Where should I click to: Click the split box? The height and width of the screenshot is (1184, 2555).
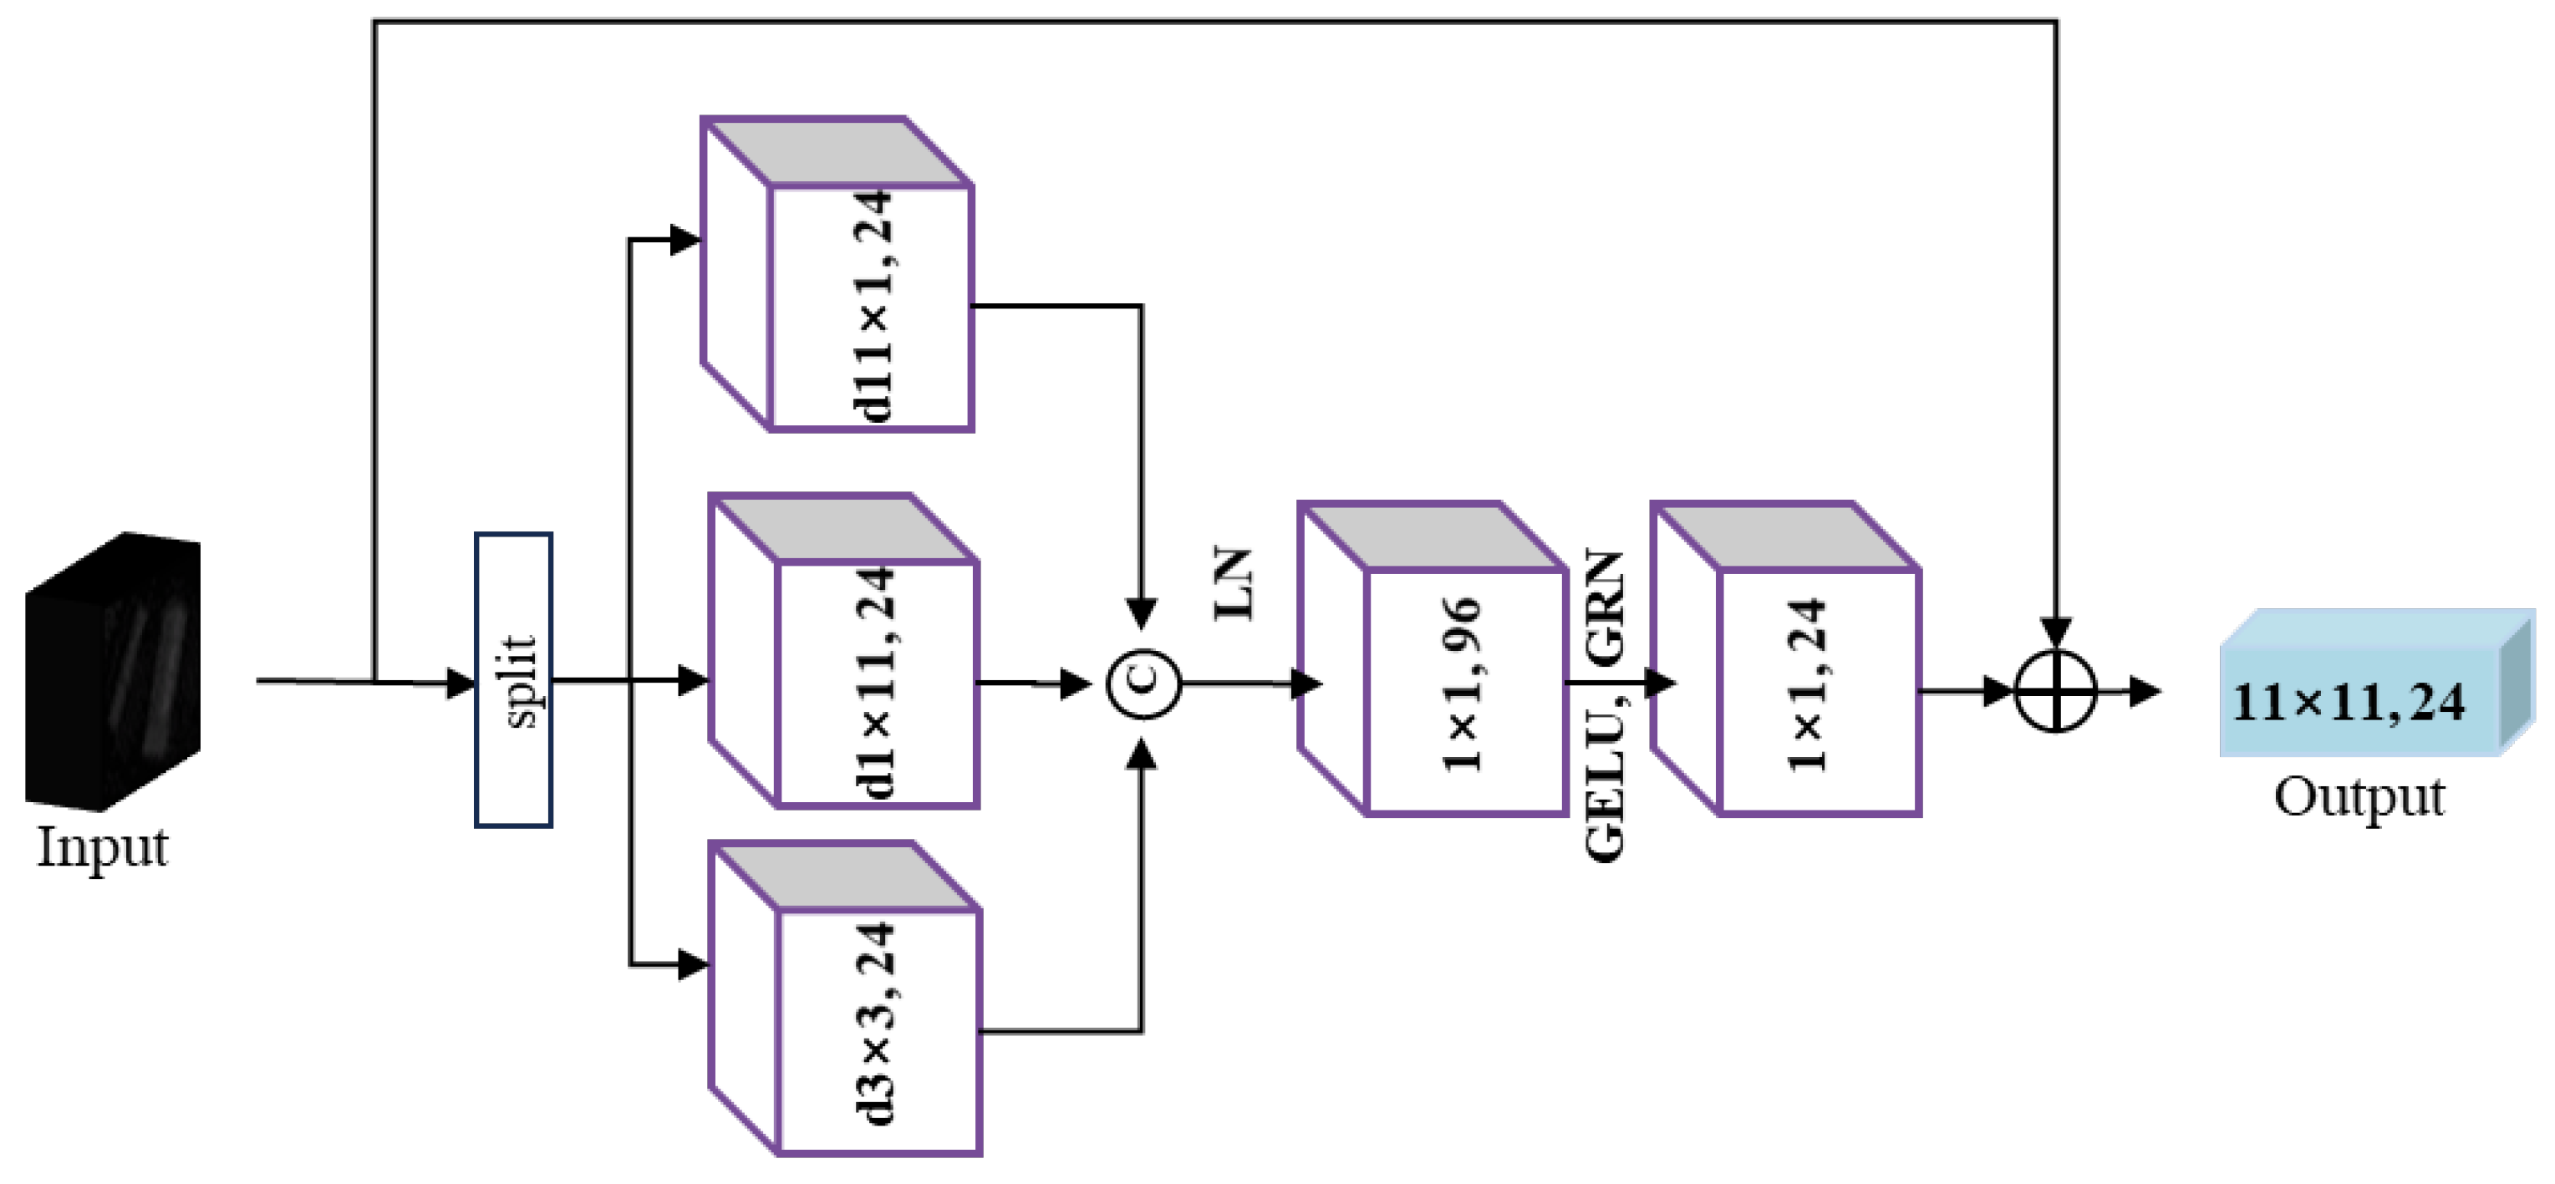tap(513, 680)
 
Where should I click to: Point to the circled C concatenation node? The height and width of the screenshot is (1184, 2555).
tap(1143, 683)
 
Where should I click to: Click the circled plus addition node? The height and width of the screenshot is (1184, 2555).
tap(2056, 691)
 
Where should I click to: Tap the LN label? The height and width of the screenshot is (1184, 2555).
tap(1234, 584)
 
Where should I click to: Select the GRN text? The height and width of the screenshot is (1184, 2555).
tap(1606, 607)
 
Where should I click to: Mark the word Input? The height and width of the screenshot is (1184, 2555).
tap(102, 849)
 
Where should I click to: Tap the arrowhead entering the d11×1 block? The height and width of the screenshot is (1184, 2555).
tap(685, 240)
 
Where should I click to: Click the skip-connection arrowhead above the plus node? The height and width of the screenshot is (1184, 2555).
tap(2056, 633)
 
